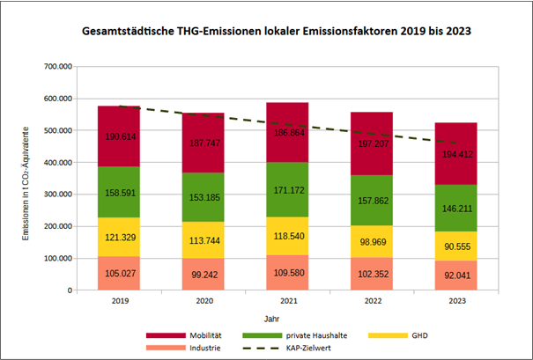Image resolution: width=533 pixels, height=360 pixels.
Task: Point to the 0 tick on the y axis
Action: click(x=69, y=290)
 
